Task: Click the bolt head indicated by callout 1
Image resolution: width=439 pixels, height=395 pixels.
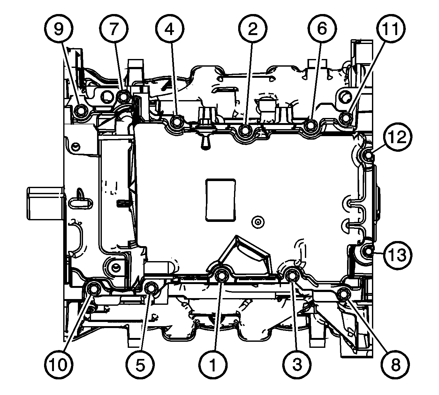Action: pos(222,276)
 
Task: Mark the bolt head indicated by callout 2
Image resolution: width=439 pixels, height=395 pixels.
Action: pos(245,130)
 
